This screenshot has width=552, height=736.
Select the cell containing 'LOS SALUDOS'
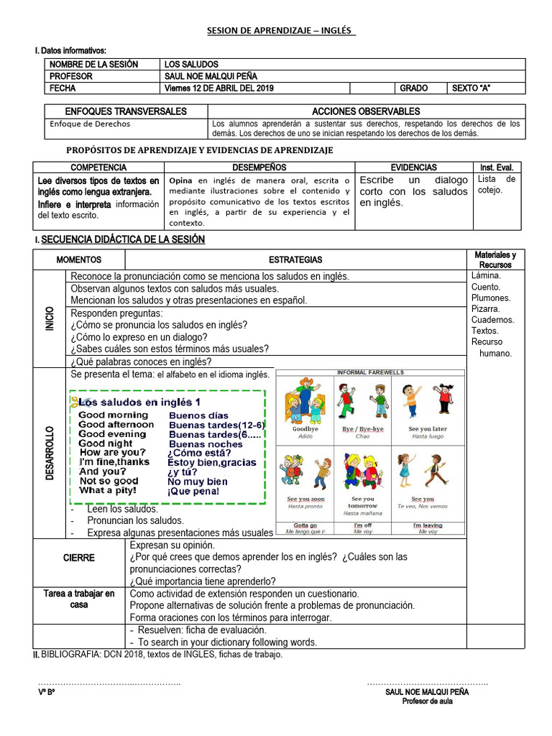[x=191, y=64]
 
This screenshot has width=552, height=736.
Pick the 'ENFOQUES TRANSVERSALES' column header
[x=126, y=111]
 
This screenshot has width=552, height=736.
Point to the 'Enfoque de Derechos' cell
[x=80, y=124]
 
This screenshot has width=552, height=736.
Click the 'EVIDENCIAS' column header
[x=413, y=167]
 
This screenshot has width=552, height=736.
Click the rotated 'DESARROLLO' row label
[x=50, y=454]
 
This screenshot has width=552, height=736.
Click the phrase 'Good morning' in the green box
[x=114, y=415]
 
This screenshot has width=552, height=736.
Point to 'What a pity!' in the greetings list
[x=108, y=490]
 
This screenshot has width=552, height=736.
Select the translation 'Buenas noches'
[x=206, y=444]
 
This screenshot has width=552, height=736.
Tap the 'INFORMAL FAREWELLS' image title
[x=370, y=372]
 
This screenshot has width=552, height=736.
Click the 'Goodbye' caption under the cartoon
[x=305, y=429]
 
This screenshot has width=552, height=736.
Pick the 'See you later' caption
[x=427, y=429]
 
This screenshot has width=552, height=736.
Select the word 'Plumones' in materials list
[x=491, y=298]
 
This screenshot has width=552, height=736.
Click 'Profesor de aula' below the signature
[x=427, y=701]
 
